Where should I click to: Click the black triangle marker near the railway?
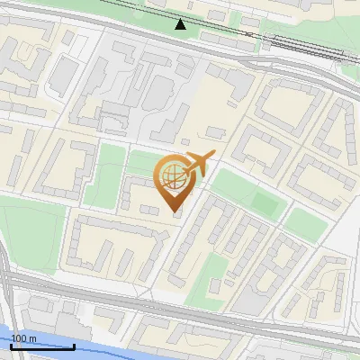pyautogui.click(x=181, y=24)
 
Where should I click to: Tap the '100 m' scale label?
pyautogui.click(x=22, y=338)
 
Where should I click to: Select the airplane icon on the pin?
pyautogui.click(x=200, y=163)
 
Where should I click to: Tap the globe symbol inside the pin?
pyautogui.click(x=170, y=174)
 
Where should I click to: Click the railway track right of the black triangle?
pyautogui.click(x=270, y=40)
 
